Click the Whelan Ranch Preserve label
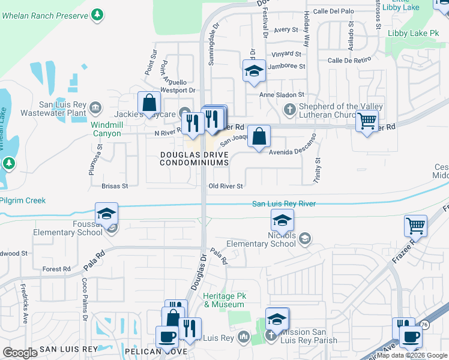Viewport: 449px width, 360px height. tap(47, 14)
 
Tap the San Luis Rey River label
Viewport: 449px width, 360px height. tap(283, 204)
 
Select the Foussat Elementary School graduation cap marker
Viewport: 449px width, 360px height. tap(106, 214)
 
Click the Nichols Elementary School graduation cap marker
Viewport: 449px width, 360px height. tap(282, 221)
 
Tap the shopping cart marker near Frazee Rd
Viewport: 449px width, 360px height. tap(415, 227)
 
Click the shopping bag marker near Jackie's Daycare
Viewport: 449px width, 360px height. tap(149, 103)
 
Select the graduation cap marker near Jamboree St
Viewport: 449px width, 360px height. tap(254, 71)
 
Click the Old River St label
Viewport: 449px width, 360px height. tap(225, 187)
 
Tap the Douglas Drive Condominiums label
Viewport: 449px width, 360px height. tap(194, 158)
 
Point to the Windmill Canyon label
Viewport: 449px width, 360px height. tap(106, 129)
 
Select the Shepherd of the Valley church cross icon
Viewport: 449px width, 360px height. tap(289, 109)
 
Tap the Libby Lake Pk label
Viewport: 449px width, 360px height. tap(414, 33)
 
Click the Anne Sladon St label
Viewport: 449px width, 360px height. tap(282, 95)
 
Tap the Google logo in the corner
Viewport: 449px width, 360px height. tap(20, 353)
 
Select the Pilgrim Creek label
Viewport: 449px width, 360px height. tap(23, 200)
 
